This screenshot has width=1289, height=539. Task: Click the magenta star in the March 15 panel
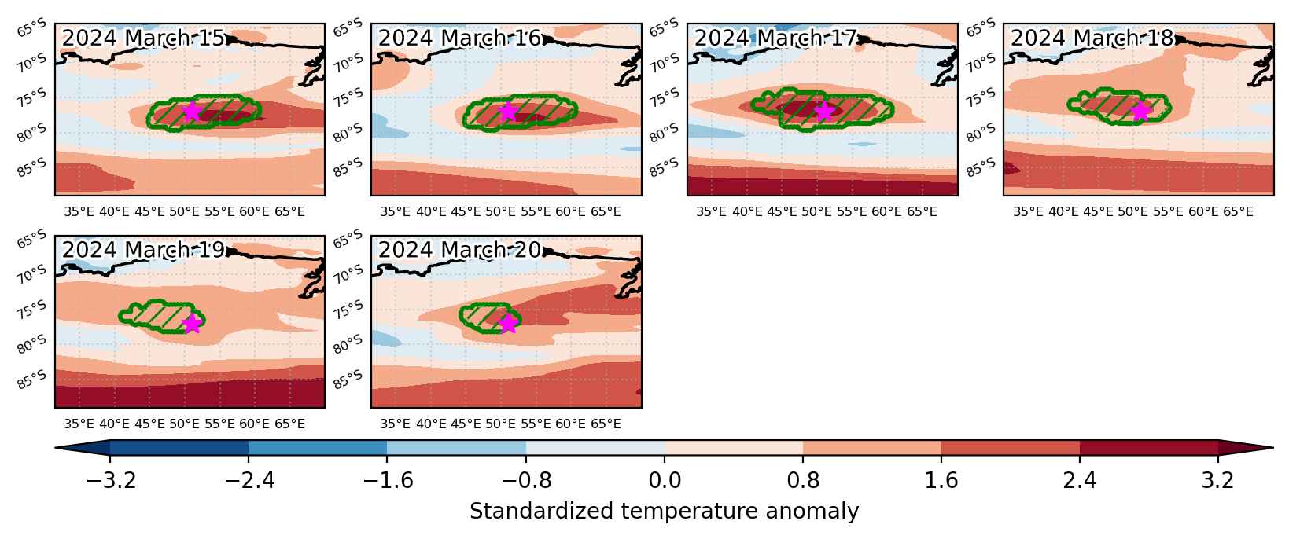coord(192,112)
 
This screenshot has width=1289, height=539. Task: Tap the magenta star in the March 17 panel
coord(824,112)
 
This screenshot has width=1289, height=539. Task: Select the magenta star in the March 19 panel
coord(192,324)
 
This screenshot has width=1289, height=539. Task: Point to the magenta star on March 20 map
coord(507,324)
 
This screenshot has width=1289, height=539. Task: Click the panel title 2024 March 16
coord(459,38)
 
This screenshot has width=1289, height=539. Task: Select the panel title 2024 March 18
coord(1092,38)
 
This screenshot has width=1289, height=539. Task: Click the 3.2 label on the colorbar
coord(1217,480)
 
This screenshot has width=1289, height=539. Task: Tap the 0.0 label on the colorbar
coord(665,480)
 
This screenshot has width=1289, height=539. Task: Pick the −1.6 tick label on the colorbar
coord(387,480)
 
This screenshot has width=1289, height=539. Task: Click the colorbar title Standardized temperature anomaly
coord(664,511)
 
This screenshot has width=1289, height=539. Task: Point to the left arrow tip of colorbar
coord(56,448)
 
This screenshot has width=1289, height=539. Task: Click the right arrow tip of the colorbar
coord(1273,448)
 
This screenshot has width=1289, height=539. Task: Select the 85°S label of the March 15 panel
coord(31,168)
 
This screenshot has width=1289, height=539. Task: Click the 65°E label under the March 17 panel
coord(922,212)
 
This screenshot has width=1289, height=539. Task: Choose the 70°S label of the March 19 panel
coord(31,274)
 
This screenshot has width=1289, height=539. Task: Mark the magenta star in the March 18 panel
coord(1140,112)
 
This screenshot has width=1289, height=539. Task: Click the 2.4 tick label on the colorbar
coord(1080,480)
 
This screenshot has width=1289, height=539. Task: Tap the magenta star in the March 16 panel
coord(507,112)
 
